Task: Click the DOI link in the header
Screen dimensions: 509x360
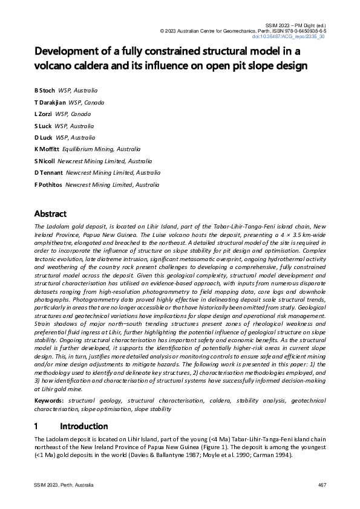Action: pyautogui.click(x=296, y=36)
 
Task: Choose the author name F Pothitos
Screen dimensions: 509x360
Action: pyautogui.click(x=48, y=184)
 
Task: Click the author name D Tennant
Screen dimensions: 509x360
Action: pyautogui.click(x=49, y=172)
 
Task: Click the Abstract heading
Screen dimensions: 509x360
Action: pyautogui.click(x=50, y=214)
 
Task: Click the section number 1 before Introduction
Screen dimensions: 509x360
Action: pyautogui.click(x=37, y=426)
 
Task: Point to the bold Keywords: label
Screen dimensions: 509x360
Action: pyautogui.click(x=50, y=400)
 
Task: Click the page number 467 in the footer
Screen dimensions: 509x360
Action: pyautogui.click(x=322, y=487)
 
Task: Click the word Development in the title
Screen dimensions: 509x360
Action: pyautogui.click(x=72, y=51)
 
